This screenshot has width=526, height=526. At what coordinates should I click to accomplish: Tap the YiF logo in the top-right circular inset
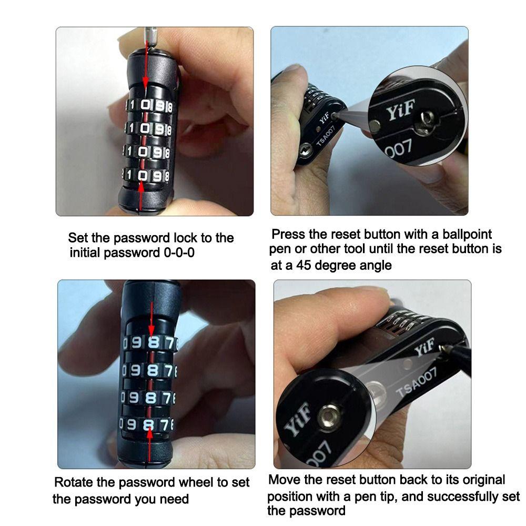(401, 112)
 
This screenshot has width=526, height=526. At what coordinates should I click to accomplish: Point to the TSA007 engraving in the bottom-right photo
(416, 382)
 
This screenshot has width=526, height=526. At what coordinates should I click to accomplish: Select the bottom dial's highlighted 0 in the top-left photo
(143, 175)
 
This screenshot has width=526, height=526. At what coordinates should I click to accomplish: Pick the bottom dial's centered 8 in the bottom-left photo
(149, 424)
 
